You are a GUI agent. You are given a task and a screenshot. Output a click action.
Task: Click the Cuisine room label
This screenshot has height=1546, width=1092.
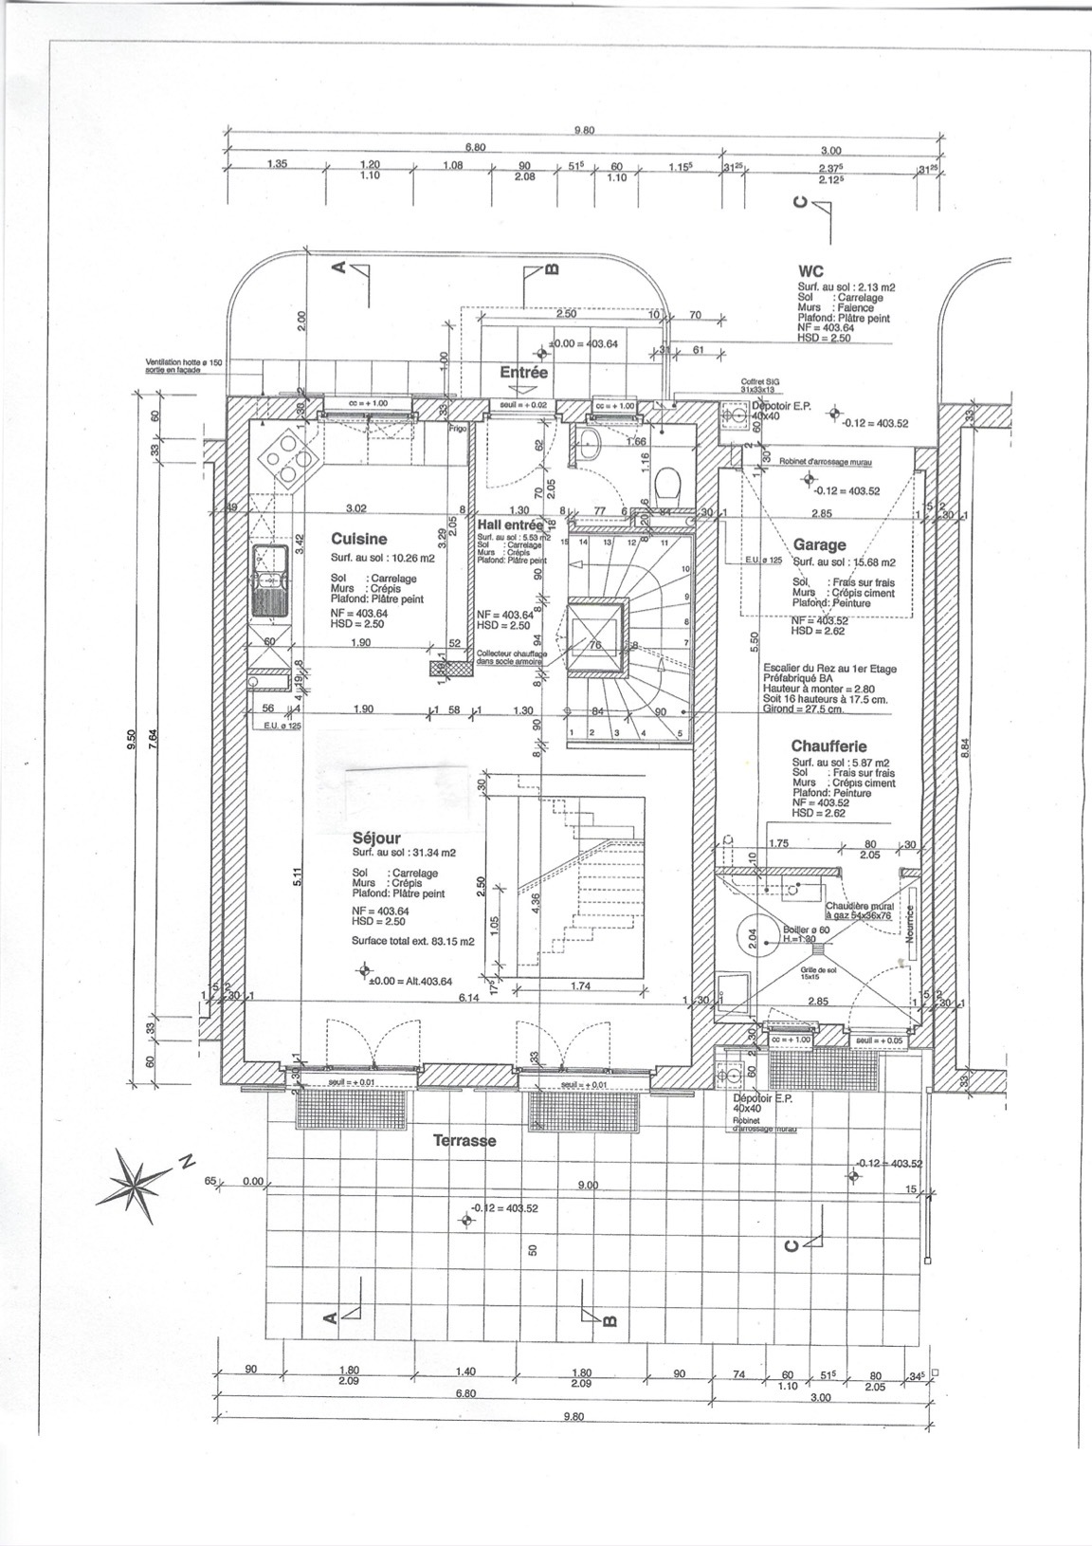coord(358,539)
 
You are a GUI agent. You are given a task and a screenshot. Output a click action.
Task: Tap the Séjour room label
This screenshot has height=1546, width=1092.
coord(375,838)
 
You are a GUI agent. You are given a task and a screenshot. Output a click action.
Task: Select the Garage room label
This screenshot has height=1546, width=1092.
coord(819,545)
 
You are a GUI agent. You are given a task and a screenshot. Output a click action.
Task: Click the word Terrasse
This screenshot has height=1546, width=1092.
coord(464,1140)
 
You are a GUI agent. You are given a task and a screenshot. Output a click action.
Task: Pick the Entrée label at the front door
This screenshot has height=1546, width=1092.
coord(524,373)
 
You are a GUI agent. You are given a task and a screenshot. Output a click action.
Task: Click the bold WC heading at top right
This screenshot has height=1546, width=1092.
coord(811,271)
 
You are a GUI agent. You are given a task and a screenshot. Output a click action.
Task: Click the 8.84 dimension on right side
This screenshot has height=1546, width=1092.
coord(965,746)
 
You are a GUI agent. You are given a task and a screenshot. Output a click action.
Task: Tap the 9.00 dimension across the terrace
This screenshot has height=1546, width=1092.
coord(588,1185)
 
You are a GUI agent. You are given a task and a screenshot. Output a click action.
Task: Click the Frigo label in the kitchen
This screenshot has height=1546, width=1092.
coord(459,429)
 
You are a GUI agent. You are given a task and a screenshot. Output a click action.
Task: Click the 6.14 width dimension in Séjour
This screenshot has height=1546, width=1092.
coord(467,998)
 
